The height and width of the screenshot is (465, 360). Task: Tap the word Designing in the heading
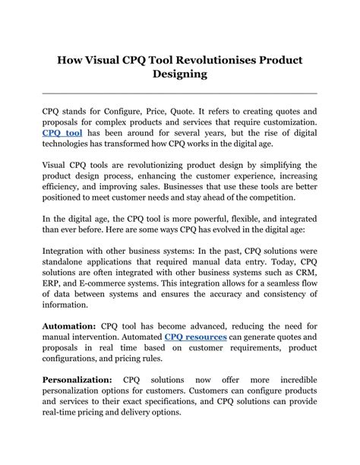(179, 75)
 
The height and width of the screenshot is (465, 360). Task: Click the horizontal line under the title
(179, 93)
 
